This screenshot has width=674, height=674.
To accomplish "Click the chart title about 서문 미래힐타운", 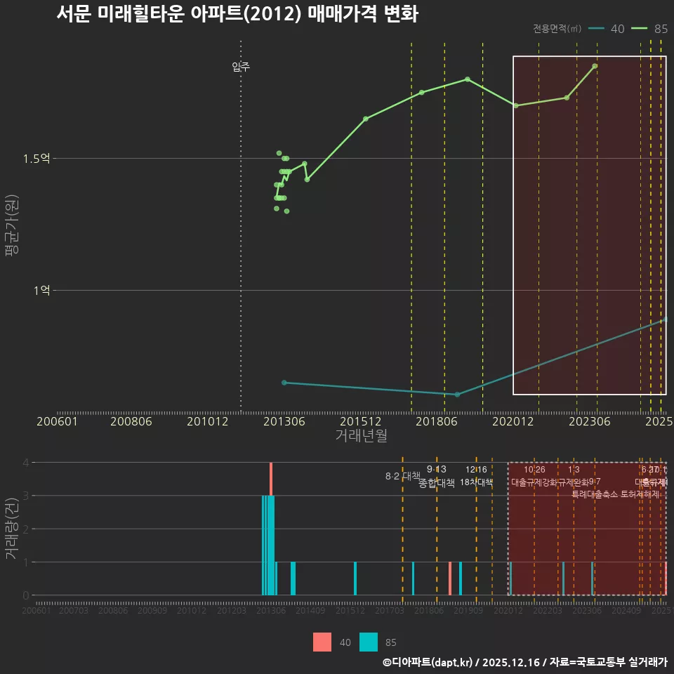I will point(237,14).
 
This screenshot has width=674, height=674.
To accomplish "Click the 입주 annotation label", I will point(241,67).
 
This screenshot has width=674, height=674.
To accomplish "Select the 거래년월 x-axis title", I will point(361,435).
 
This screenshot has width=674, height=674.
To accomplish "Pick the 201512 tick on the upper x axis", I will point(361,421).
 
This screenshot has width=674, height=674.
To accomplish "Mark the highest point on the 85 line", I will point(595,66).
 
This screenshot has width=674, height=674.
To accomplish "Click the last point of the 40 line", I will point(665,320).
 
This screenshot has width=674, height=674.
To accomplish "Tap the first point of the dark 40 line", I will point(284,383).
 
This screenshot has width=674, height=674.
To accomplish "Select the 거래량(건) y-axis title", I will point(11,529).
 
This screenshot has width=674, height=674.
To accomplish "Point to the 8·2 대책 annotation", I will point(402,476).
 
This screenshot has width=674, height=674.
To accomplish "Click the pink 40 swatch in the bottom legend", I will point(322,642).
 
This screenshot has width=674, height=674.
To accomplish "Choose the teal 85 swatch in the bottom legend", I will point(369,642).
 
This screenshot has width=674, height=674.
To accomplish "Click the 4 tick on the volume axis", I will point(25,462).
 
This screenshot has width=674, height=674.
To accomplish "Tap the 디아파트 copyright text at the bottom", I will point(524,662).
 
